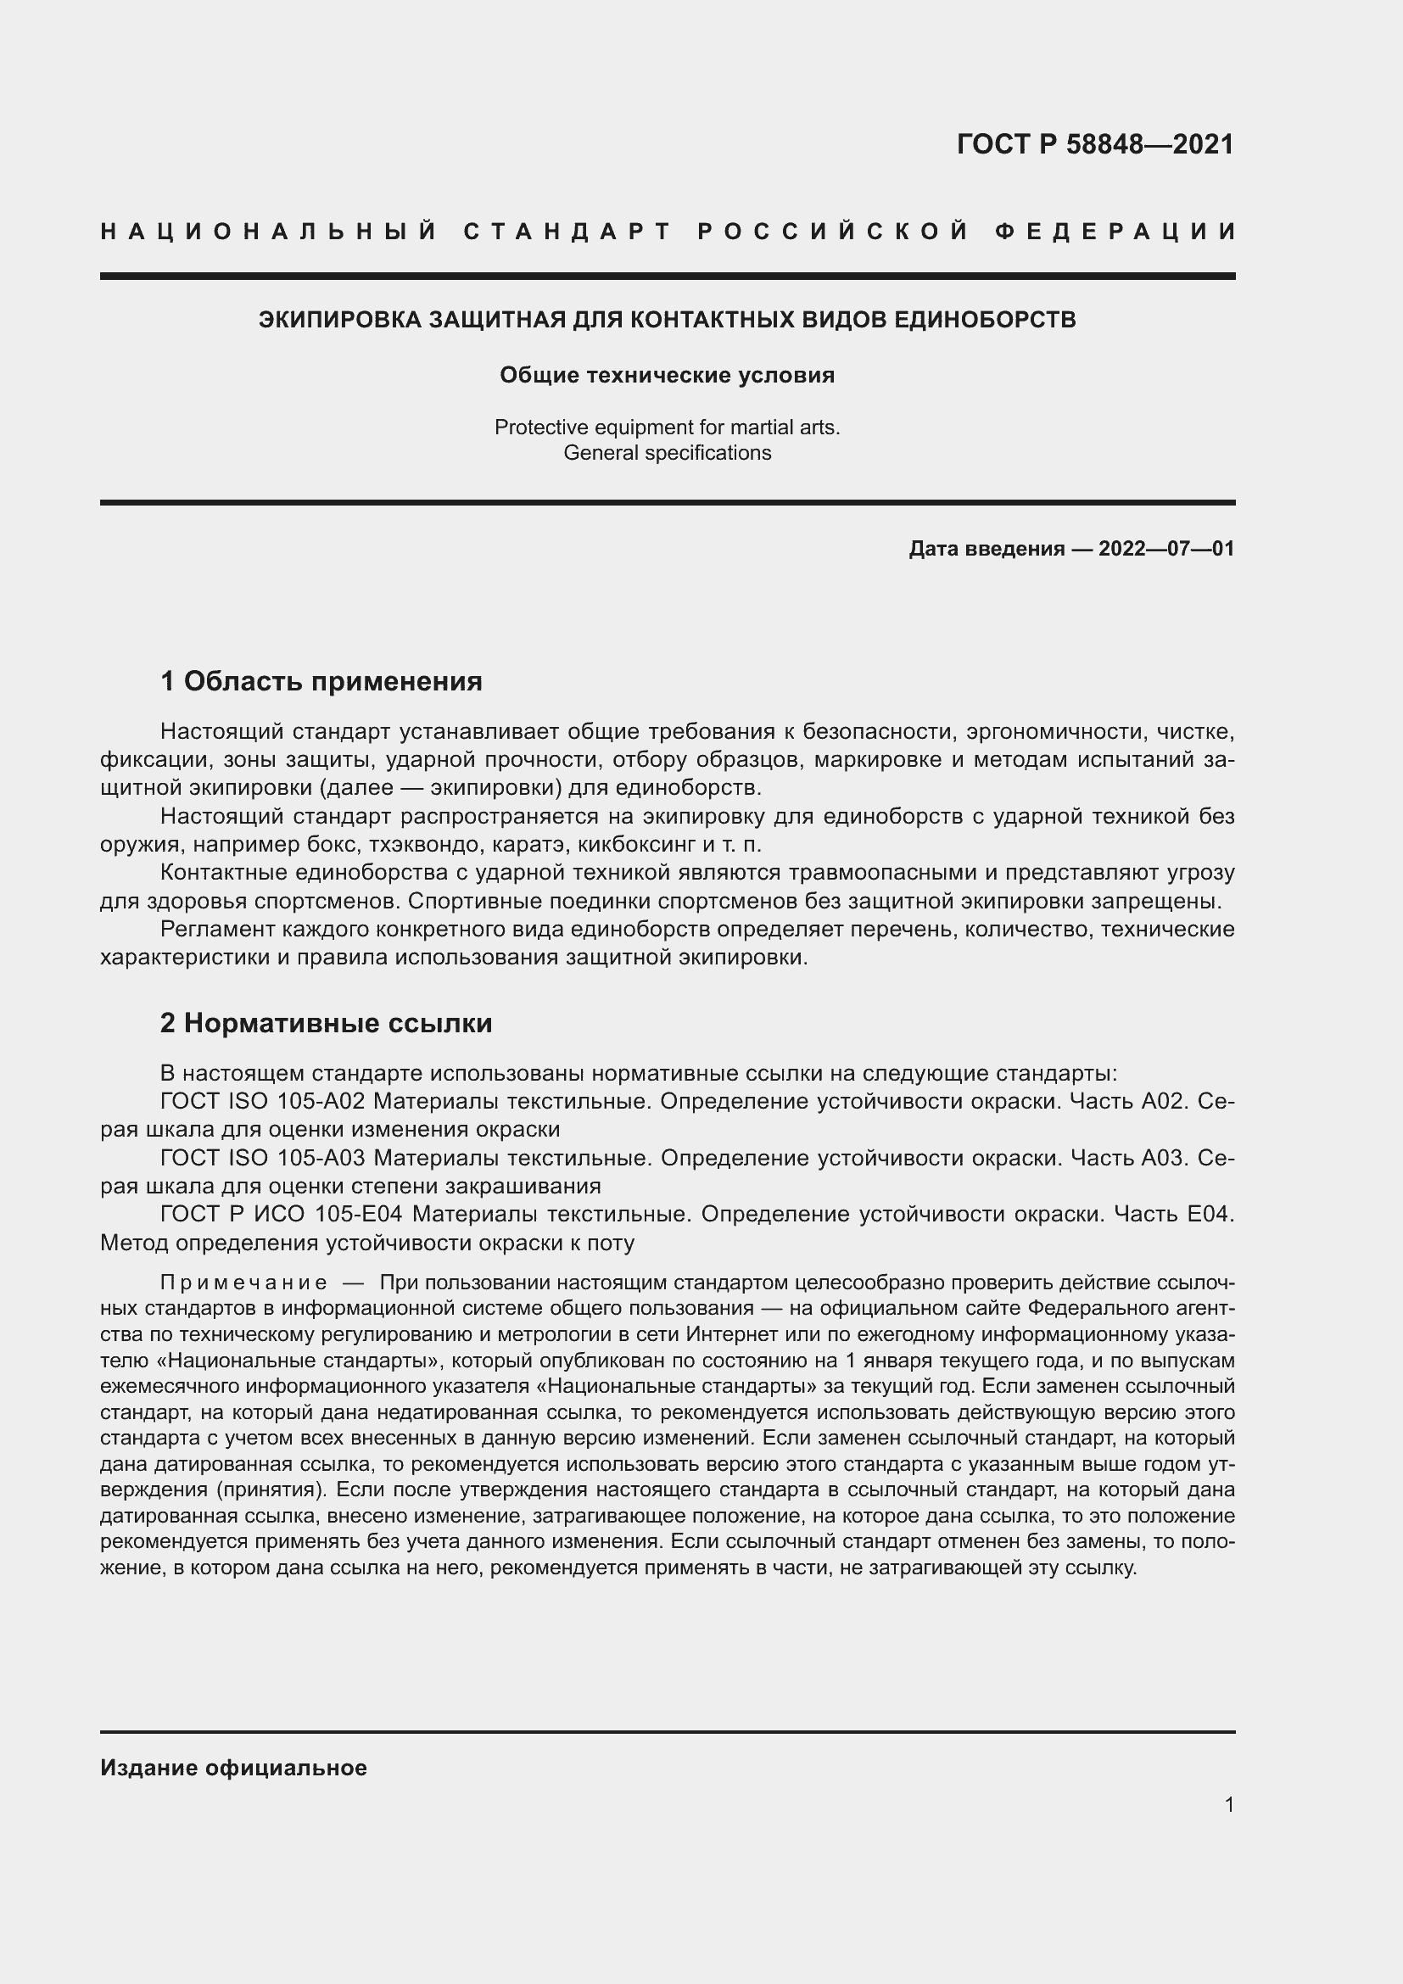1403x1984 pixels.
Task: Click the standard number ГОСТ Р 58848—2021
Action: pyautogui.click(x=1094, y=144)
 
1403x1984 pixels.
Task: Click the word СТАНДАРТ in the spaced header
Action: pyautogui.click(x=567, y=232)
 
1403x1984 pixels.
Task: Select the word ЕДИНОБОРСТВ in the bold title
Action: pyautogui.click(x=984, y=320)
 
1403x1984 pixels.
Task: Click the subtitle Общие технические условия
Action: pyautogui.click(x=667, y=375)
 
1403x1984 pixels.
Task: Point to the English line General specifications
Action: pyautogui.click(x=667, y=453)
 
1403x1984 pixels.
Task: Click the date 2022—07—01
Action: pyautogui.click(x=1166, y=549)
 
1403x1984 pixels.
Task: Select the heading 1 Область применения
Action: pyautogui.click(x=321, y=682)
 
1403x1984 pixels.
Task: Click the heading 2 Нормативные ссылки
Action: pyautogui.click(x=327, y=1023)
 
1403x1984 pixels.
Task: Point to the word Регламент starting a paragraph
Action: pyautogui.click(x=219, y=930)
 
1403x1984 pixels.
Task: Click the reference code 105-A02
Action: pyautogui.click(x=321, y=1102)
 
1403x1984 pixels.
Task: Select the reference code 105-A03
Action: pyautogui.click(x=321, y=1158)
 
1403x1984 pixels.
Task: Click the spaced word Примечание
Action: pyautogui.click(x=243, y=1283)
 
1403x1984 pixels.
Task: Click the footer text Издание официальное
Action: pyautogui.click(x=233, y=1768)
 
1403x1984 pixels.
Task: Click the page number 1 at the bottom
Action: pyautogui.click(x=1229, y=1805)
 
